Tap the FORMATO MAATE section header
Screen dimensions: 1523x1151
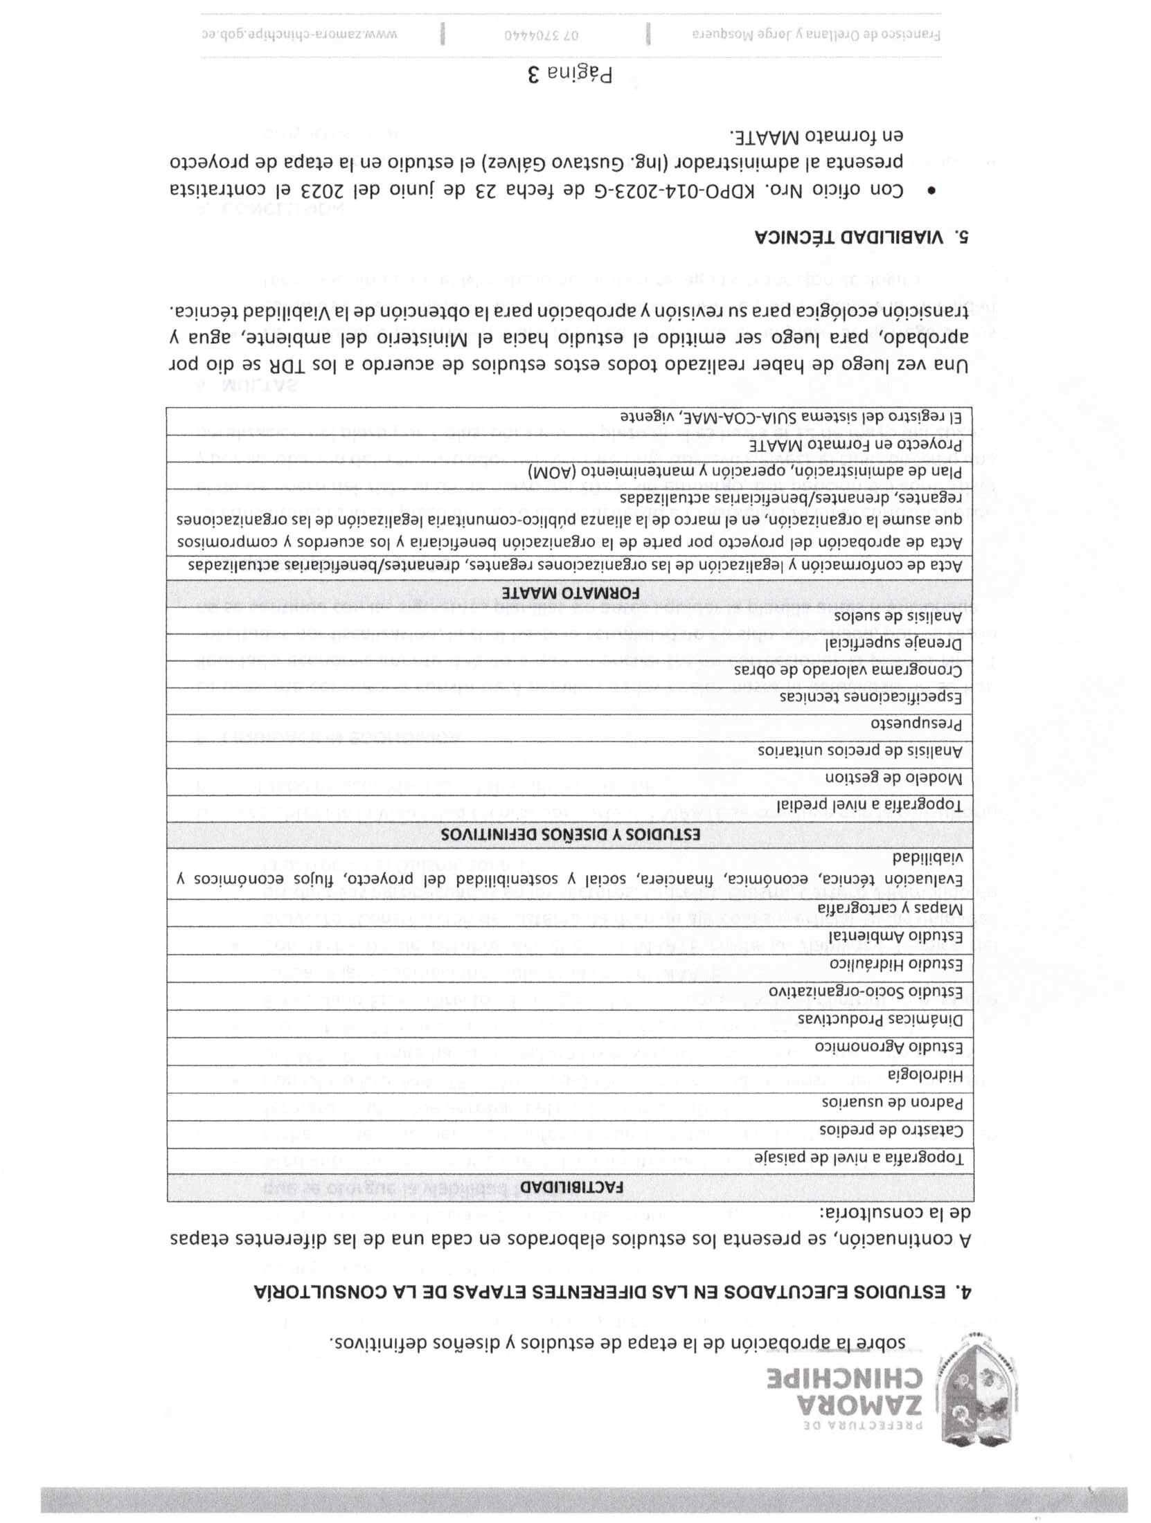coord(571,593)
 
